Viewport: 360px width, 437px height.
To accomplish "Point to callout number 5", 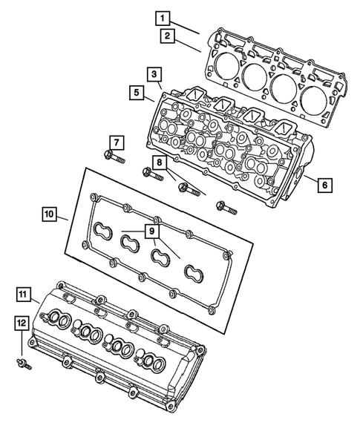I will [x=137, y=93].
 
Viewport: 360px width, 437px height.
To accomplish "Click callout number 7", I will [x=117, y=141].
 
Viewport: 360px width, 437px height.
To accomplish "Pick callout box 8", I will [x=159, y=162].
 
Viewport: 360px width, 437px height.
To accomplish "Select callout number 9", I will [x=151, y=231].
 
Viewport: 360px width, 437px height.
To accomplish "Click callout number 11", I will [x=24, y=297].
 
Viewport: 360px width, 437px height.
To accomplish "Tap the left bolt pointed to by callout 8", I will [x=152, y=176].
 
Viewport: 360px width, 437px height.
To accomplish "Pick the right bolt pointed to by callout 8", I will [x=187, y=188].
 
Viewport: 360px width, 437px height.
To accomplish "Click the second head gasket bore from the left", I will [x=252, y=74].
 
